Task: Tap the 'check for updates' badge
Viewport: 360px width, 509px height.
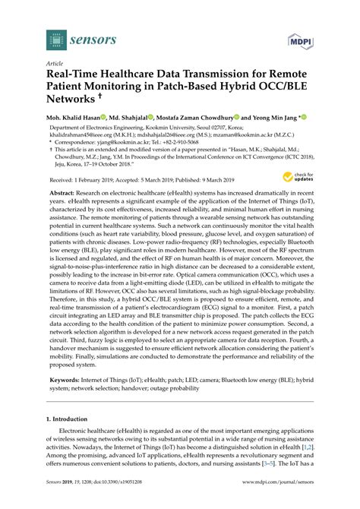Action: [x=298, y=178]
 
